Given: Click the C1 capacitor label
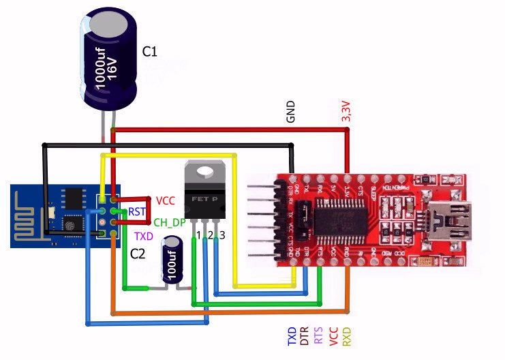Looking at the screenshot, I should (150, 52).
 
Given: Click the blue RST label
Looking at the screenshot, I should (137, 211).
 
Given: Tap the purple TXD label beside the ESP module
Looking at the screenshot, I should (144, 237).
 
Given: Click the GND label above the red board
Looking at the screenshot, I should (291, 111).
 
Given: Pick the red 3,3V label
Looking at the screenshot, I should (346, 111).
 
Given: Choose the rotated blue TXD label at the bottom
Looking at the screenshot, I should (292, 335).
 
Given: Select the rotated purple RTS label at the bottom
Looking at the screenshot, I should (319, 335).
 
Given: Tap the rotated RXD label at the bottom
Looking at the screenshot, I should (346, 335).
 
